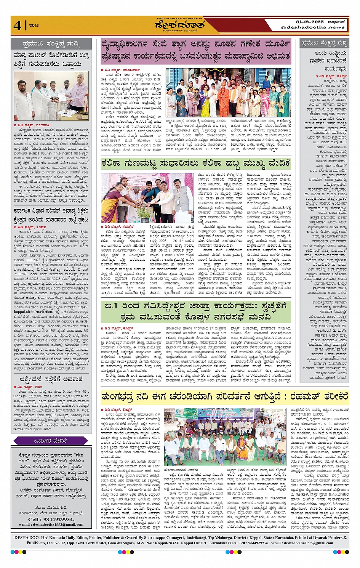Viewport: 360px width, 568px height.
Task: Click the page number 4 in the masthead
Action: point(18,26)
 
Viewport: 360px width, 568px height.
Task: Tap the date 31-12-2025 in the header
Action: point(310,22)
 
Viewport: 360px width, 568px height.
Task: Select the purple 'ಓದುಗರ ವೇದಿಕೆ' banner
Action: point(51,441)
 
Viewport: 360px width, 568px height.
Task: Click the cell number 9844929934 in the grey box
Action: point(51,519)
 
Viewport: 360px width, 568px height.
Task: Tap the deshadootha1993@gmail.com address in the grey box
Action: point(51,525)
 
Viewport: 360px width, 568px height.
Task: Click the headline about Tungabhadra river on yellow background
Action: point(225,397)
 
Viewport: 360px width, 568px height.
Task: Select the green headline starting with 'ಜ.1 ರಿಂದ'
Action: point(196,312)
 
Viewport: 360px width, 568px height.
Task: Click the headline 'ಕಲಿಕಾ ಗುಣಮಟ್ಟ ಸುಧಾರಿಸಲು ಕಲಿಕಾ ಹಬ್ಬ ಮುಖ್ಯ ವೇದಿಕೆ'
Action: point(195,164)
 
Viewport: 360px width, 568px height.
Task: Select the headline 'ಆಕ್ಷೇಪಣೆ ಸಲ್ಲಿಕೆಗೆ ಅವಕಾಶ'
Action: point(51,379)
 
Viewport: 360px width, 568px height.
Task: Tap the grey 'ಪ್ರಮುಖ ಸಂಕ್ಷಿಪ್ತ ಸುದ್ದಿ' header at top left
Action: point(51,44)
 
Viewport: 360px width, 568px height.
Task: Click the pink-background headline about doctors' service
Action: point(196,50)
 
